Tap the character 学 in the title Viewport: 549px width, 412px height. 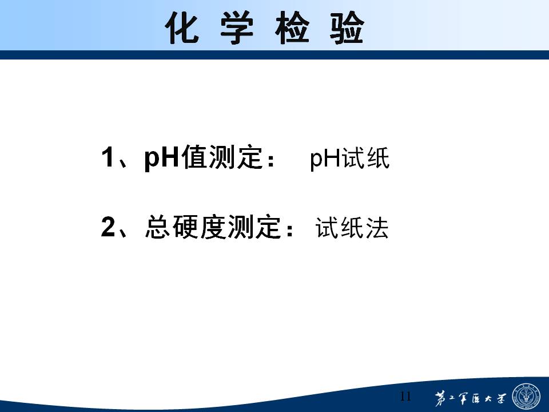click(237, 27)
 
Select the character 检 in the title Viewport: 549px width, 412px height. click(292, 27)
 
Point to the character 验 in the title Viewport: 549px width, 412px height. click(347, 27)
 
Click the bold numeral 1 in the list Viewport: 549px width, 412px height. click(108, 157)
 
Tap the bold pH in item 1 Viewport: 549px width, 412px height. click(162, 159)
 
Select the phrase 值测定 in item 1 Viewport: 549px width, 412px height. click(222, 157)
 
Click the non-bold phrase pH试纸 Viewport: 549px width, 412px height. click(349, 159)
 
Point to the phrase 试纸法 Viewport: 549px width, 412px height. click(352, 228)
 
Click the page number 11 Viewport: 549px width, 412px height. click(405, 396)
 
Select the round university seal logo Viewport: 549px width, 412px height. click(526, 397)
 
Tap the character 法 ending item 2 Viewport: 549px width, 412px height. click(377, 228)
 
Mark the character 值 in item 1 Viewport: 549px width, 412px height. click(194, 157)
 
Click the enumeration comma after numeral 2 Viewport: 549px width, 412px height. click(122, 233)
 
